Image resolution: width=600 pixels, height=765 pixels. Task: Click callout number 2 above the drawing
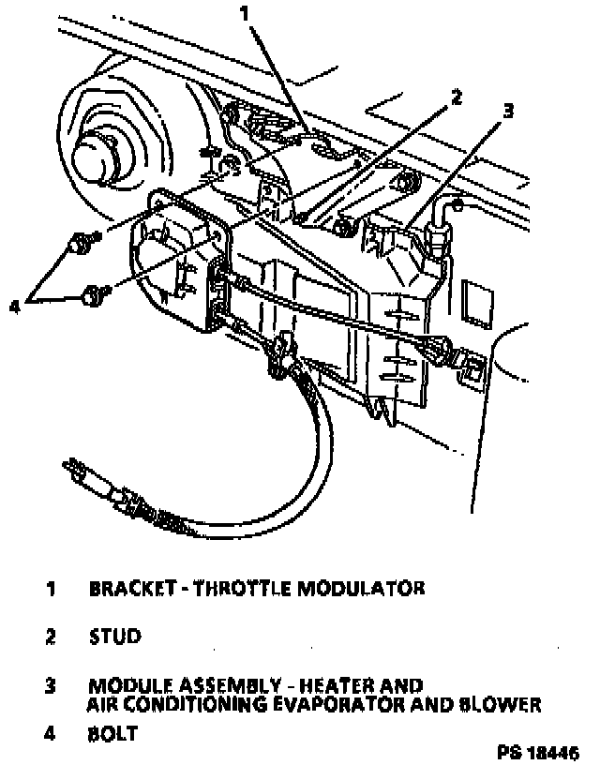[x=457, y=96]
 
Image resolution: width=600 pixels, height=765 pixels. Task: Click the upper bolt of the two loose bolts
[x=78, y=247]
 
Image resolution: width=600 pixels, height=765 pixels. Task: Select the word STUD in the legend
[x=115, y=637]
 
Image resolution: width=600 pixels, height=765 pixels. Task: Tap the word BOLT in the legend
[x=113, y=734]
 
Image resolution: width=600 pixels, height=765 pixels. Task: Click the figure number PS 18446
[x=539, y=753]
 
